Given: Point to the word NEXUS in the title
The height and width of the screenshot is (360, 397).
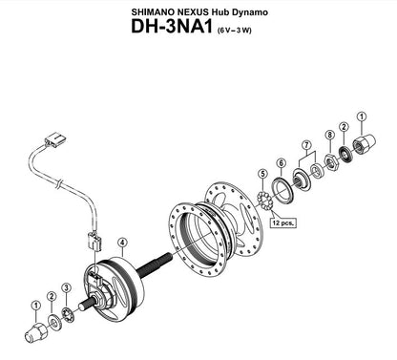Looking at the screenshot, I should (x=207, y=11).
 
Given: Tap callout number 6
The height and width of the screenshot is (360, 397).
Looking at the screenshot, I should (x=282, y=162).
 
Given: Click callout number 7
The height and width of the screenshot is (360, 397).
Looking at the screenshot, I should (x=306, y=145).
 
